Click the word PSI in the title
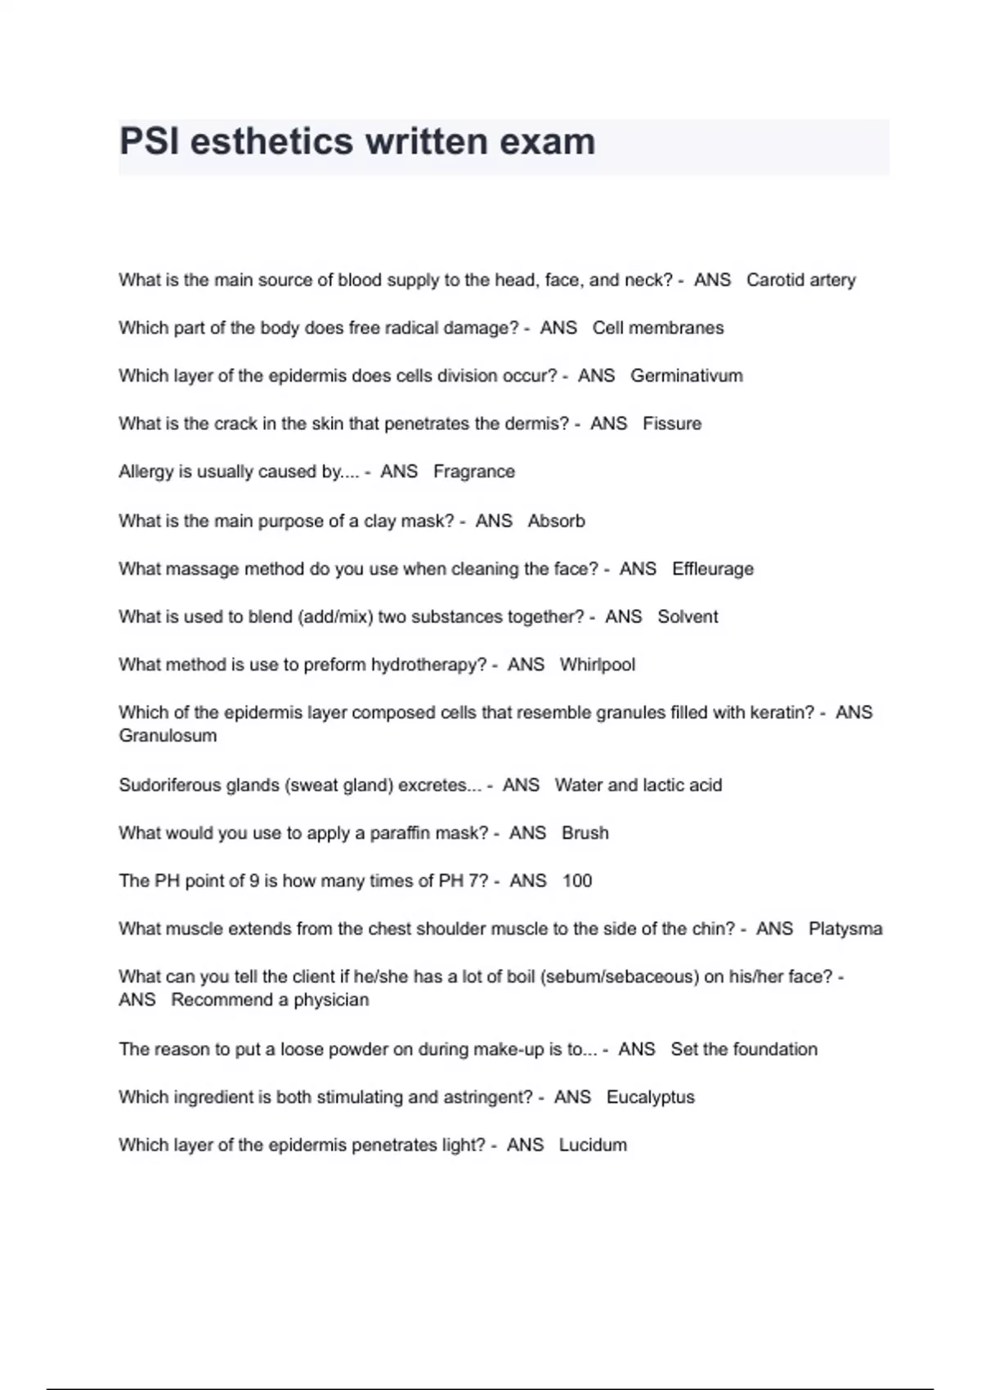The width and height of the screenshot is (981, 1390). [149, 141]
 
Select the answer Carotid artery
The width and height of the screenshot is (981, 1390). [800, 280]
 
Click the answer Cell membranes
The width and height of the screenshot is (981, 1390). [657, 328]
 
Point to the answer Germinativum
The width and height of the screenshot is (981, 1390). [686, 376]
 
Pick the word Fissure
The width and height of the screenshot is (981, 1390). [671, 424]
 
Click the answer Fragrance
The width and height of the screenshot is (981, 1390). [473, 472]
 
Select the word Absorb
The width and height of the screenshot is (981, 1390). [556, 521]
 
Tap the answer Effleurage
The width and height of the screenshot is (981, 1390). [712, 569]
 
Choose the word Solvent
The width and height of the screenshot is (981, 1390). [688, 617]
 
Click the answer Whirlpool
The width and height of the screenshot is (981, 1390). [597, 665]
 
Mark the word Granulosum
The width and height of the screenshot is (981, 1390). [168, 736]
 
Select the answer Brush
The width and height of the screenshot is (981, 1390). [585, 833]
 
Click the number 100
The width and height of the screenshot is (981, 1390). [577, 881]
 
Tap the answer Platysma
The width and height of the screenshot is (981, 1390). [845, 929]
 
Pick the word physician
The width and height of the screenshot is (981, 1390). [331, 1000]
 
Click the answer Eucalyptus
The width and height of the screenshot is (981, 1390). [650, 1097]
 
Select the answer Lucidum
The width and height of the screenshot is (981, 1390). [593, 1146]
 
